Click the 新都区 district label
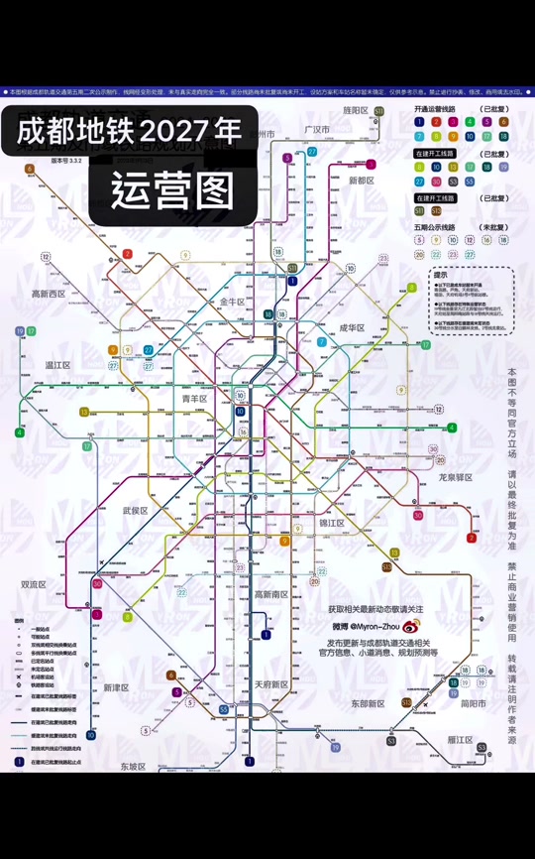click(x=363, y=181)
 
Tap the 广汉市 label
click(x=316, y=130)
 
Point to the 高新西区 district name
click(x=48, y=294)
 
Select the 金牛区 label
click(x=231, y=301)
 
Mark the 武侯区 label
click(x=135, y=511)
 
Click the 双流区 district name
click(x=35, y=584)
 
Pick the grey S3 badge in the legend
click(x=454, y=182)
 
